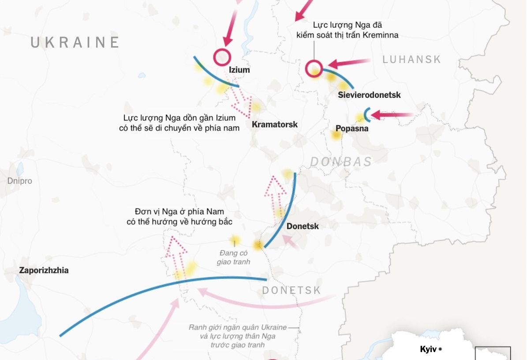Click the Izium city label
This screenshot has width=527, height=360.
[239, 70]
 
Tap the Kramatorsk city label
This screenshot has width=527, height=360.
[275, 124]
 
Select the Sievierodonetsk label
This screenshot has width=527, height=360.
[369, 95]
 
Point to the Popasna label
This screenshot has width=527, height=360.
[351, 129]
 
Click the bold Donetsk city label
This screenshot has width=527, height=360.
[303, 226]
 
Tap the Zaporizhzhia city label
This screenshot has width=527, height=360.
[44, 271]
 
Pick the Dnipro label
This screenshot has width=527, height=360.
[19, 181]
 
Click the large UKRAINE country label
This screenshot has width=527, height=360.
[75, 42]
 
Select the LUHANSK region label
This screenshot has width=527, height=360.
[411, 59]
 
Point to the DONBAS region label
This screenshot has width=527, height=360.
[341, 162]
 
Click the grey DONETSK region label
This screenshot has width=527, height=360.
[291, 290]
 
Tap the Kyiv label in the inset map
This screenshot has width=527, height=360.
[428, 349]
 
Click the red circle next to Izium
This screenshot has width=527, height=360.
[222, 57]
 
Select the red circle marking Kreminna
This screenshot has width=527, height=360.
[314, 69]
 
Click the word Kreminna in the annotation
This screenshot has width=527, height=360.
[380, 35]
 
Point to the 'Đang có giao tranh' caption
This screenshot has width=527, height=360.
[234, 257]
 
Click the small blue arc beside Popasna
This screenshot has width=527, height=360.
[366, 115]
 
